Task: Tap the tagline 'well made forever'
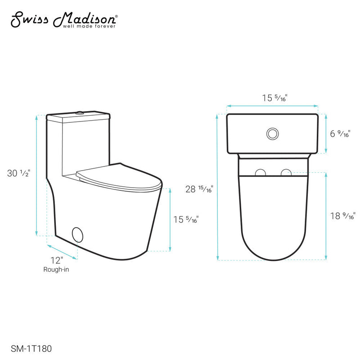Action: [x=92, y=27]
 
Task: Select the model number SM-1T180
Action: [x=28, y=348]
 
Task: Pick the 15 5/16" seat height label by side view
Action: [x=186, y=220]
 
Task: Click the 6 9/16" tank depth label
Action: [x=340, y=134]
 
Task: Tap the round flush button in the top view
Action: [x=272, y=134]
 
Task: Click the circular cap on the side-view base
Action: [x=78, y=235]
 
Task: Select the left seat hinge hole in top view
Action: [x=260, y=172]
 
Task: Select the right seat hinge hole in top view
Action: [x=285, y=172]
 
